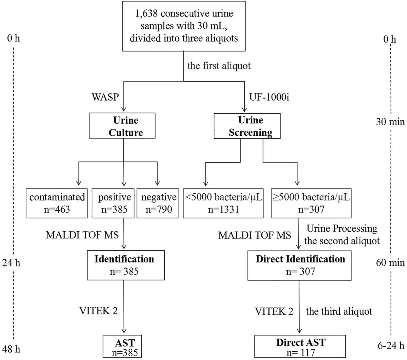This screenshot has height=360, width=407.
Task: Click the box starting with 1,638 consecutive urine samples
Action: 184,26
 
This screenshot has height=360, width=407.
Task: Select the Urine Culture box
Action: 122,126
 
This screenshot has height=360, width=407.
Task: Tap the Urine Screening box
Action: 247,126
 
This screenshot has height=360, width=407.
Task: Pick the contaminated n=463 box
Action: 57,203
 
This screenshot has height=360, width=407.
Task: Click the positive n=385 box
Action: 113,203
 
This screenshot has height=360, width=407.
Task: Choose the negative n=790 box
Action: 158,203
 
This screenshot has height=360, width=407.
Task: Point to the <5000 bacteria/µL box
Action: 223,203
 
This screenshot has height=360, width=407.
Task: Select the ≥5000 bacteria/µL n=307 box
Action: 311,203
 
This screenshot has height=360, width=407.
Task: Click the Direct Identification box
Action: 299,265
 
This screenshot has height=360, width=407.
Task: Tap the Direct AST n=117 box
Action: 300,346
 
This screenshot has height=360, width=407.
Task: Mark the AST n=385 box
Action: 122,346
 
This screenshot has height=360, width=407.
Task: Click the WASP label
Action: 105,97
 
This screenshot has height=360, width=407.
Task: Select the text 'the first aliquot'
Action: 219,66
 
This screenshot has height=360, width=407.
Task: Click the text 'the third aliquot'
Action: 339,311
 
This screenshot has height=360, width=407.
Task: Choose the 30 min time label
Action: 390,122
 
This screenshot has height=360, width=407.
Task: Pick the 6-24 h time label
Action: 391,346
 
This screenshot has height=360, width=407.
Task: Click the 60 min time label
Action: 390,262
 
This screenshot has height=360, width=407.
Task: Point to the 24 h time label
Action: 11,263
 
